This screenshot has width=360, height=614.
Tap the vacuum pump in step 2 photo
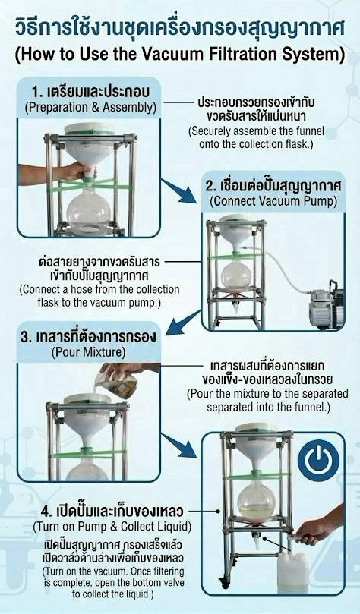[326, 304]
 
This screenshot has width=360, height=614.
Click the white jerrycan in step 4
[292, 572]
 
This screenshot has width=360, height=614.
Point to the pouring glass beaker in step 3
[117, 383]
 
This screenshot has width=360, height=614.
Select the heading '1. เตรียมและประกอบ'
[90, 92]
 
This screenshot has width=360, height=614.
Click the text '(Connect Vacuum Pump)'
[273, 201]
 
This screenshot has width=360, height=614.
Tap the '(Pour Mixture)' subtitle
[89, 352]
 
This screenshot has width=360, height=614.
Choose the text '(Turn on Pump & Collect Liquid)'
[112, 527]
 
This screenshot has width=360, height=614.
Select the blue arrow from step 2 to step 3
[183, 323]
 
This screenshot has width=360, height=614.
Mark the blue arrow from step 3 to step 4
[179, 446]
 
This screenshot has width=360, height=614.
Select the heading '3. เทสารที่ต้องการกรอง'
[88, 336]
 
